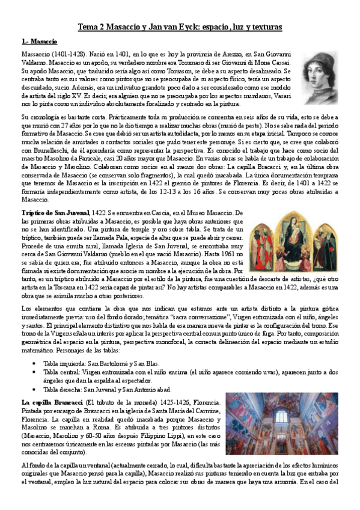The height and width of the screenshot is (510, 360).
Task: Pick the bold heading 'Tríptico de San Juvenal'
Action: coord(55,214)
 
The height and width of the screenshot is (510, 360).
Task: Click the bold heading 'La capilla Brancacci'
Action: coord(51,401)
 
